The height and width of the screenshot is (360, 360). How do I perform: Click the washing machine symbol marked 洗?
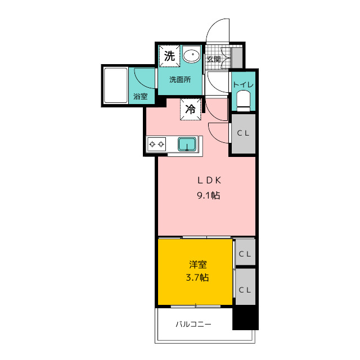point(169,56)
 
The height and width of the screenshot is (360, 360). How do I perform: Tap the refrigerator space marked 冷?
point(191,109)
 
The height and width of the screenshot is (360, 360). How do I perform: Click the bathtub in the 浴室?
point(116,85)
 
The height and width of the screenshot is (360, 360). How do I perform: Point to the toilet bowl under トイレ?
point(244,101)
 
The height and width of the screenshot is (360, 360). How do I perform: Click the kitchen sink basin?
point(187,144)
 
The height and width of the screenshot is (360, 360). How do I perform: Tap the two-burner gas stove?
point(156,144)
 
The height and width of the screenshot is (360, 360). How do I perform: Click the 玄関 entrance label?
point(214,59)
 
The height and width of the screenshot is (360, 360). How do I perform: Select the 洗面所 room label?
point(180,80)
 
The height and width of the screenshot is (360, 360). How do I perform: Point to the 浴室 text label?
point(141,96)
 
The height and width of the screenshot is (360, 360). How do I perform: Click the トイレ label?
point(244,84)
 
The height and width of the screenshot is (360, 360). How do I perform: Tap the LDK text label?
point(209,181)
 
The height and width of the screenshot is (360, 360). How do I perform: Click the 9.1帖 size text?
point(209,195)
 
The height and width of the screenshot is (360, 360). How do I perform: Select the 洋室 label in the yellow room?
point(197,264)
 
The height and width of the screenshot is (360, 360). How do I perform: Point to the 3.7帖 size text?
point(197,277)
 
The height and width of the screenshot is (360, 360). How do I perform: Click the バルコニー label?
point(193,324)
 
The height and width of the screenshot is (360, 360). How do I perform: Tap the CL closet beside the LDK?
point(244,134)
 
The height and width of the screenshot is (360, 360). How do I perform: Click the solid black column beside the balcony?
point(245,318)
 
